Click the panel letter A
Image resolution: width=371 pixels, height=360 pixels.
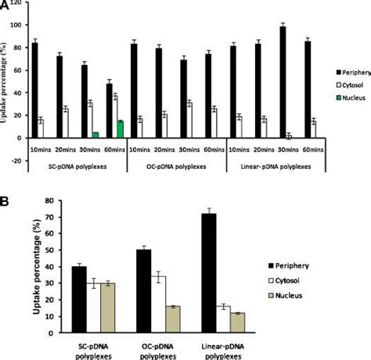5,5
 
